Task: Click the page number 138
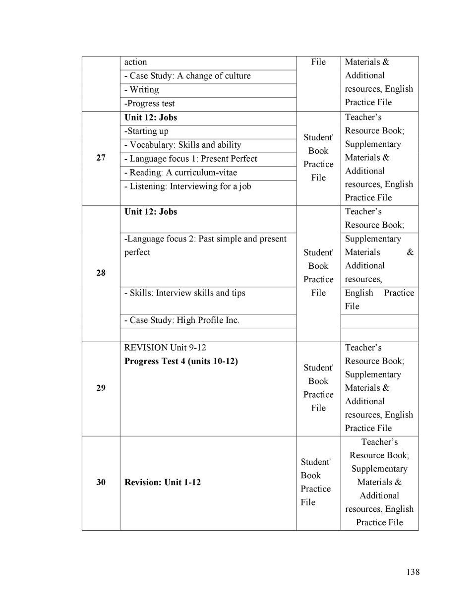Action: coord(413,572)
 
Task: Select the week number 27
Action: coord(101,158)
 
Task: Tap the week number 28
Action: coord(101,273)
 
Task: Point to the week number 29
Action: coord(101,388)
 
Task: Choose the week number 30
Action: coord(101,482)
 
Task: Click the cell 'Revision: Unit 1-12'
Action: coord(163,482)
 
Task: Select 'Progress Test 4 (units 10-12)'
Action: coord(181,361)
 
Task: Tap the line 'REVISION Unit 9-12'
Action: coord(165,347)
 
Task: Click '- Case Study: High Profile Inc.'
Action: coord(181,320)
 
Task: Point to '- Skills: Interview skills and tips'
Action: coord(184,293)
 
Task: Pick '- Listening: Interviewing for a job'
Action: coord(187,186)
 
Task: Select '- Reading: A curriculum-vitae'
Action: coord(180,173)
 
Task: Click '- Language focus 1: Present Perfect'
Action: coord(190,159)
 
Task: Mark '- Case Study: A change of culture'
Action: coord(187,76)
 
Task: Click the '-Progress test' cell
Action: coord(149,104)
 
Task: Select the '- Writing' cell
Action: coord(141,90)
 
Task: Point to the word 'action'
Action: coord(135,62)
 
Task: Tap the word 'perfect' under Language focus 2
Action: coord(137,252)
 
